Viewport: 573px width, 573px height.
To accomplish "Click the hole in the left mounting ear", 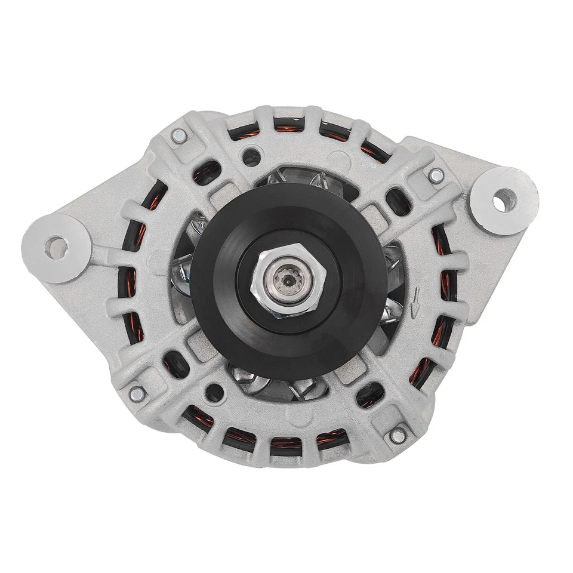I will click(x=56, y=247).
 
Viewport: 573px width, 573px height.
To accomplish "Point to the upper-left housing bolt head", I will click(x=178, y=136).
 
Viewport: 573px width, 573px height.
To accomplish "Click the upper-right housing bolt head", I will click(x=436, y=175).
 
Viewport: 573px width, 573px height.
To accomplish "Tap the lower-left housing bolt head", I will click(x=137, y=394).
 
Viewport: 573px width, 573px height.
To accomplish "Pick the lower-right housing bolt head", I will click(x=398, y=436).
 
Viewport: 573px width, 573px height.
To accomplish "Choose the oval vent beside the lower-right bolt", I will click(x=369, y=394).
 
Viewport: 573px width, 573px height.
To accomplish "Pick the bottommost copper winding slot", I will click(x=285, y=446).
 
